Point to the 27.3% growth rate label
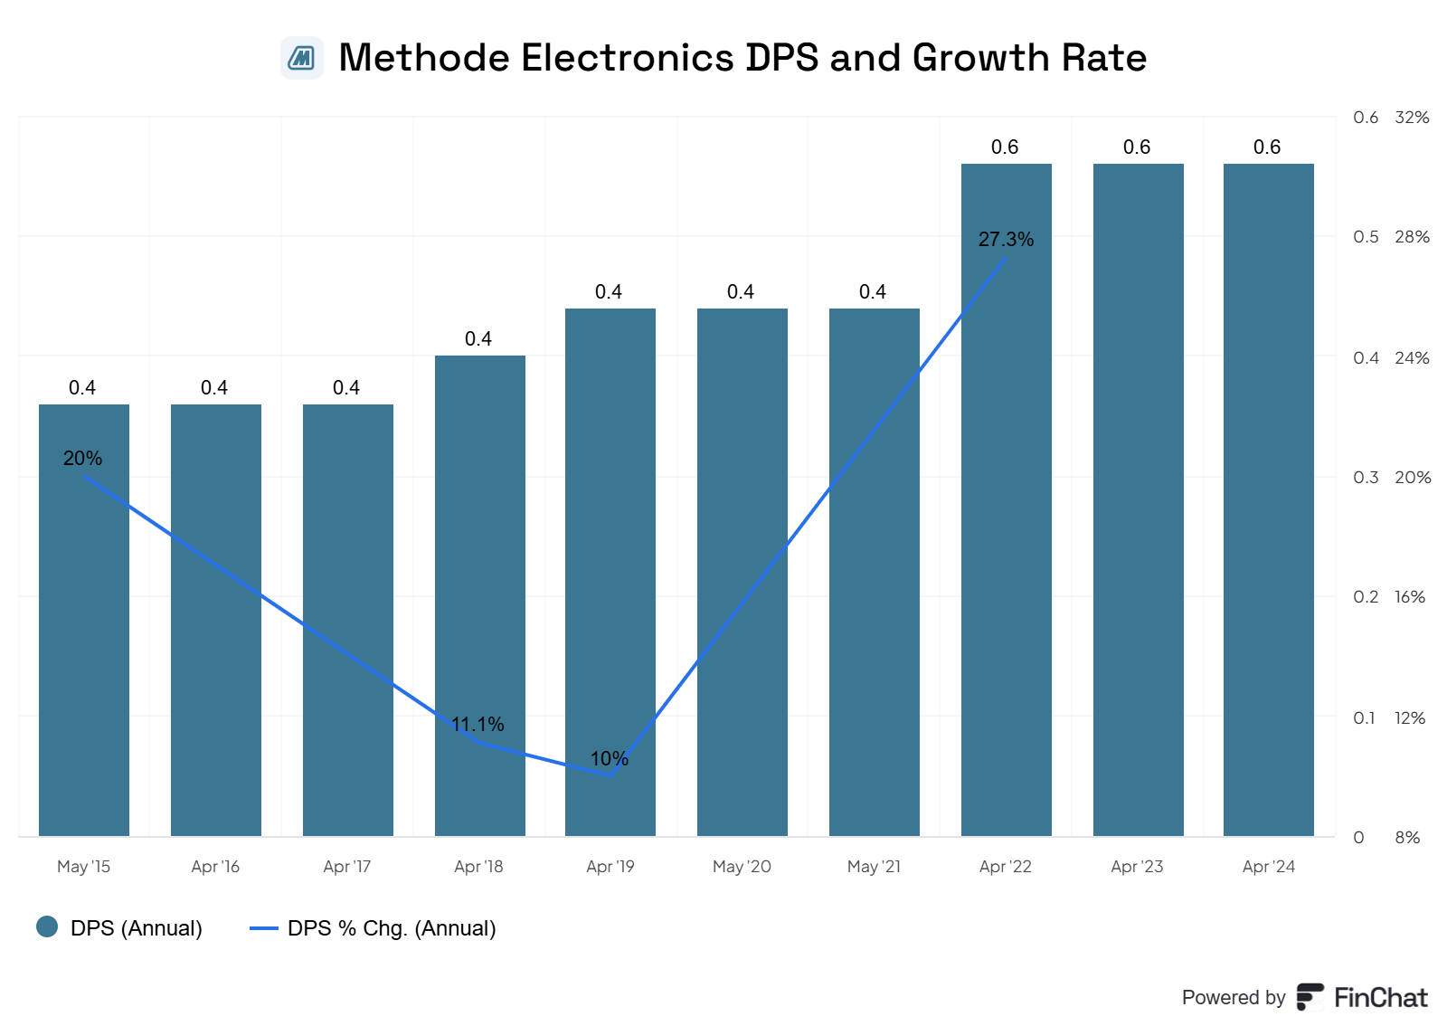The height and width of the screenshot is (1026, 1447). (x=1006, y=240)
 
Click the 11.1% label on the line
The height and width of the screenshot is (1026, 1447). (x=478, y=725)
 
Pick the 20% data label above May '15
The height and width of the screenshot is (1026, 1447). (x=82, y=459)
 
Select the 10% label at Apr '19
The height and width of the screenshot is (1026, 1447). (x=609, y=759)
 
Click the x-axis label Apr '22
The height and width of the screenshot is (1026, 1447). (x=1005, y=867)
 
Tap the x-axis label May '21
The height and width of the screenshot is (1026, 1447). (x=874, y=867)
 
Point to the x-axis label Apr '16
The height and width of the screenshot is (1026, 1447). (x=215, y=867)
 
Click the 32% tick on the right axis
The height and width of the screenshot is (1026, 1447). (x=1412, y=118)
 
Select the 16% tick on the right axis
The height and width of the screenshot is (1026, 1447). (x=1410, y=597)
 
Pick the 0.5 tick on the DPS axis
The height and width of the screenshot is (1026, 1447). (x=1366, y=237)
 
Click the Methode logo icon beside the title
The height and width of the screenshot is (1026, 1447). (x=302, y=58)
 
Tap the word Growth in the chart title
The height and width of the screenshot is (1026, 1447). (x=980, y=58)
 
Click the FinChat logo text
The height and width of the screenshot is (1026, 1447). (x=1380, y=998)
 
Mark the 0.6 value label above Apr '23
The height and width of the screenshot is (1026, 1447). (x=1137, y=147)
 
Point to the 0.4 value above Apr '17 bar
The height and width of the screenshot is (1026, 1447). (x=346, y=388)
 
